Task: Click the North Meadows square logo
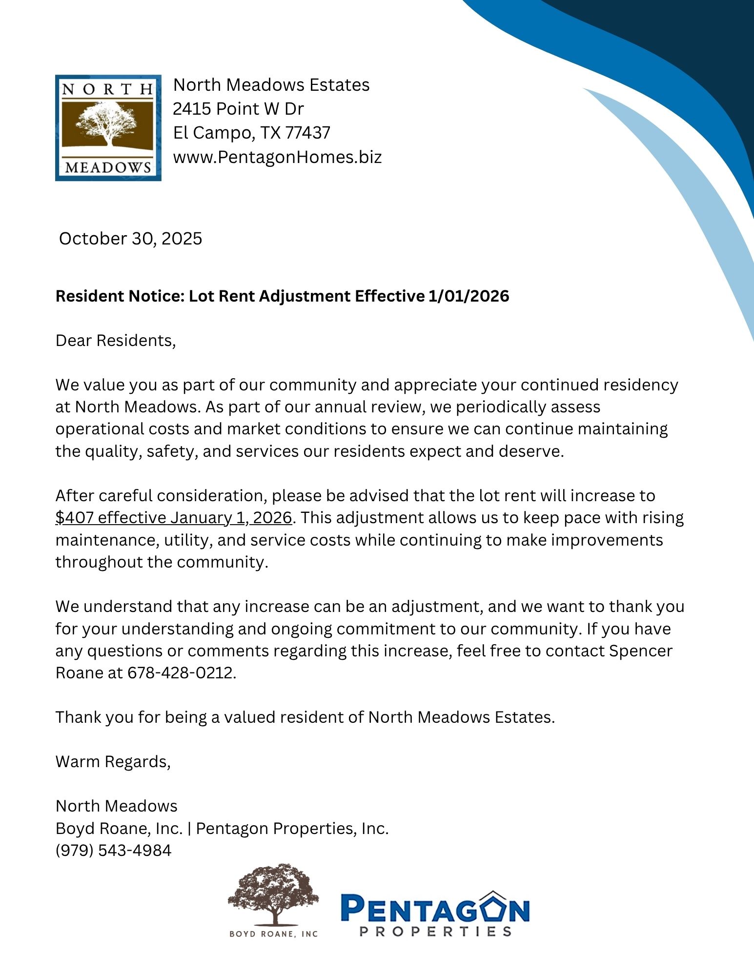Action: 108,127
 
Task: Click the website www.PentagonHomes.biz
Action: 277,157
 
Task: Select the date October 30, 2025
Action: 130,239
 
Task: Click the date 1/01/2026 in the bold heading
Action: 469,296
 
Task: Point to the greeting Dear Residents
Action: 115,340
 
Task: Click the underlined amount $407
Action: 74,517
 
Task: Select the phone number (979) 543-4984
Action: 113,850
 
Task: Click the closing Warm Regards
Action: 113,761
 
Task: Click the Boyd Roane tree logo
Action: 274,900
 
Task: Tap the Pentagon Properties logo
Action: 435,913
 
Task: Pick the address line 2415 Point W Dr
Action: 238,108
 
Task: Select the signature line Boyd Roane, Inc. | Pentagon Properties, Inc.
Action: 222,828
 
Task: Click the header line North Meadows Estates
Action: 271,85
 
